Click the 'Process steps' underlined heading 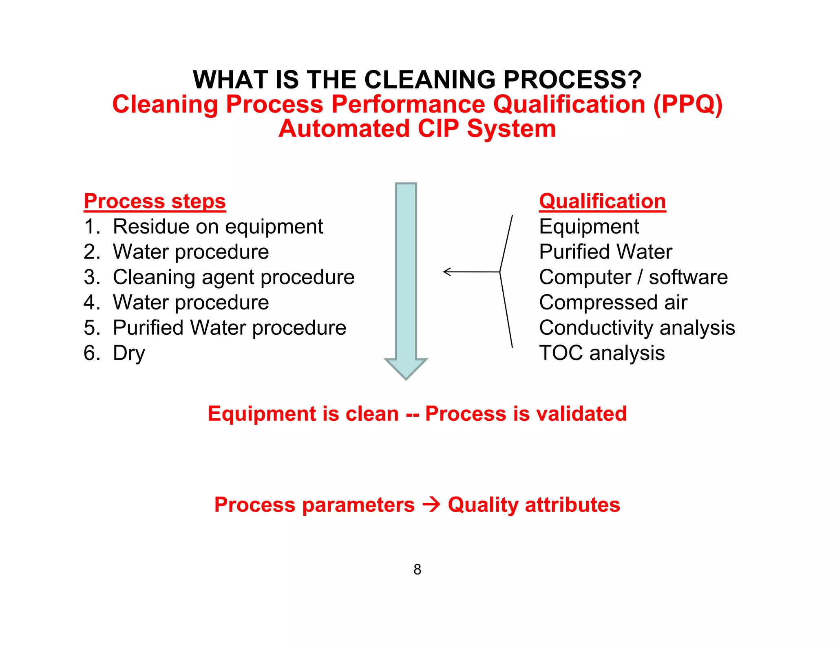tap(155, 201)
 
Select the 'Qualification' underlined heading tap(602, 201)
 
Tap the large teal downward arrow tap(406, 277)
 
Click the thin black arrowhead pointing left tap(447, 272)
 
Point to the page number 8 tap(417, 569)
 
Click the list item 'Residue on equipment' tap(218, 227)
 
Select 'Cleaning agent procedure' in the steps tap(234, 277)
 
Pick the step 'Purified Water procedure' tap(229, 328)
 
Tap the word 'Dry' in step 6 tap(129, 353)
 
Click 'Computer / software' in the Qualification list tap(633, 277)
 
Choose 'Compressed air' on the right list tap(613, 303)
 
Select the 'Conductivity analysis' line tap(637, 328)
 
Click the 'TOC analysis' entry tap(602, 353)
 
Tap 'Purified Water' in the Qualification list tap(605, 252)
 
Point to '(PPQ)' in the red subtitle tap(687, 104)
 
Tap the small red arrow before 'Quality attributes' tap(431, 505)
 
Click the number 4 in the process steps tap(90, 303)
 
